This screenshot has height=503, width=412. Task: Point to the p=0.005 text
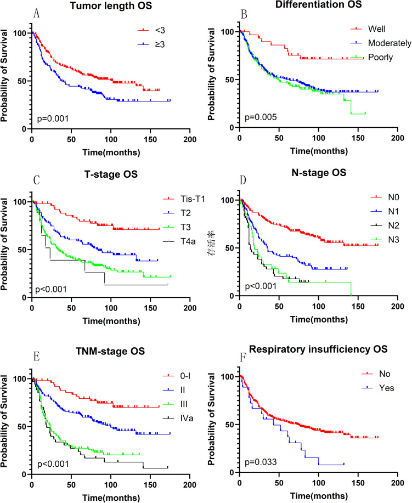[261, 117]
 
